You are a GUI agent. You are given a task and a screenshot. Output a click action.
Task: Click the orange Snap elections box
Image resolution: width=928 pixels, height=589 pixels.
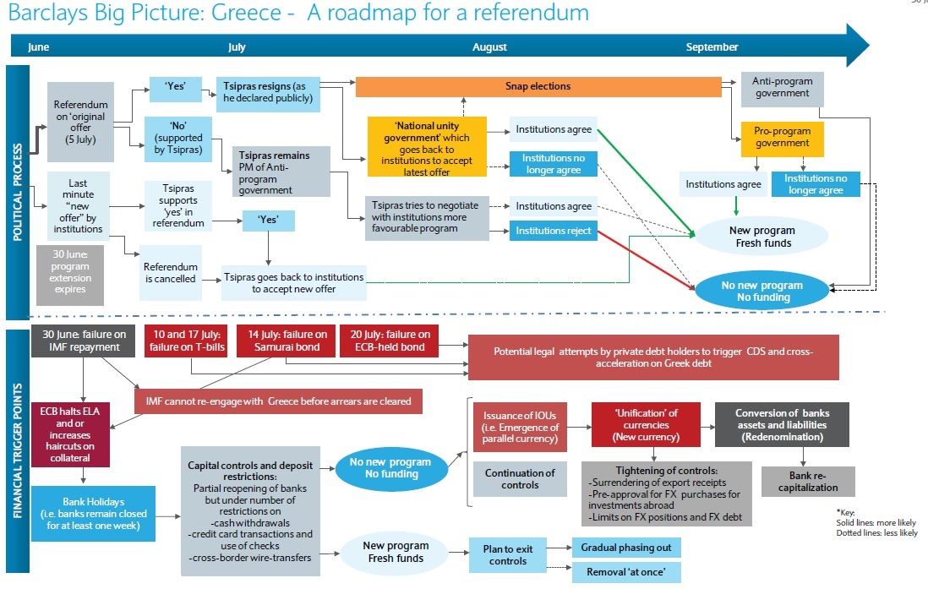[x=538, y=86]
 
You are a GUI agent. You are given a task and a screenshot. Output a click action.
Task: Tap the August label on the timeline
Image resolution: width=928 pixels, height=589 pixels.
[x=489, y=47]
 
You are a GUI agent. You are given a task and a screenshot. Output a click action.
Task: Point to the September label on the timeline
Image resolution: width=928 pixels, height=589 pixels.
[x=712, y=47]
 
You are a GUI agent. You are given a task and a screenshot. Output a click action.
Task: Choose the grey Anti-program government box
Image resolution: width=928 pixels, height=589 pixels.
[x=782, y=88]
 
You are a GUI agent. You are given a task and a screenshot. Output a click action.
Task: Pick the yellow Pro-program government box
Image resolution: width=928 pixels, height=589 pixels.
[x=782, y=138]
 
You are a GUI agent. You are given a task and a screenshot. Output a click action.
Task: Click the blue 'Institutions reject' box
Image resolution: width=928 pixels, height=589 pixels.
[x=554, y=230]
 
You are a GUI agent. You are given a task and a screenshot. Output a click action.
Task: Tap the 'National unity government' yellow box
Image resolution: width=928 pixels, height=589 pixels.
[x=428, y=147]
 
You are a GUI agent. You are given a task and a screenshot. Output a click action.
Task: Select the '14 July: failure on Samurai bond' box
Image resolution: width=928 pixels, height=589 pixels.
[x=287, y=341]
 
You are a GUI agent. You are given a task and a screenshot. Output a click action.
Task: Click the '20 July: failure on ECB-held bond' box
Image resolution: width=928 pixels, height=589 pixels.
[x=390, y=341]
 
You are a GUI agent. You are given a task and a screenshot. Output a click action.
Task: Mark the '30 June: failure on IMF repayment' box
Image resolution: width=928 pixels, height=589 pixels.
[x=82, y=341]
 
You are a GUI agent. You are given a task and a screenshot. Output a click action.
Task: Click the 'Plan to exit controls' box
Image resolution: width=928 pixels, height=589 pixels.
[x=508, y=555]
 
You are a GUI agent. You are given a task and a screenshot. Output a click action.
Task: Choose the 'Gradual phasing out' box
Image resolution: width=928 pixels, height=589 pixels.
[x=625, y=548]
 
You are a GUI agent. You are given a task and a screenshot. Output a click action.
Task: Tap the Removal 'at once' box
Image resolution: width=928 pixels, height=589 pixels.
[x=625, y=572]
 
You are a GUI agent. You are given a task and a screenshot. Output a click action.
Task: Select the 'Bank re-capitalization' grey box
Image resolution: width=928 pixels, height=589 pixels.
[x=807, y=481]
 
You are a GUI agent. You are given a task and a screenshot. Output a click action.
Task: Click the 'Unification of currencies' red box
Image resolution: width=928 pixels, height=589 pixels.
[x=646, y=425]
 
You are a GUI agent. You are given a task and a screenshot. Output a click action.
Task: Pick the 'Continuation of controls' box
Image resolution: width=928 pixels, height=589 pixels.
[x=520, y=479]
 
